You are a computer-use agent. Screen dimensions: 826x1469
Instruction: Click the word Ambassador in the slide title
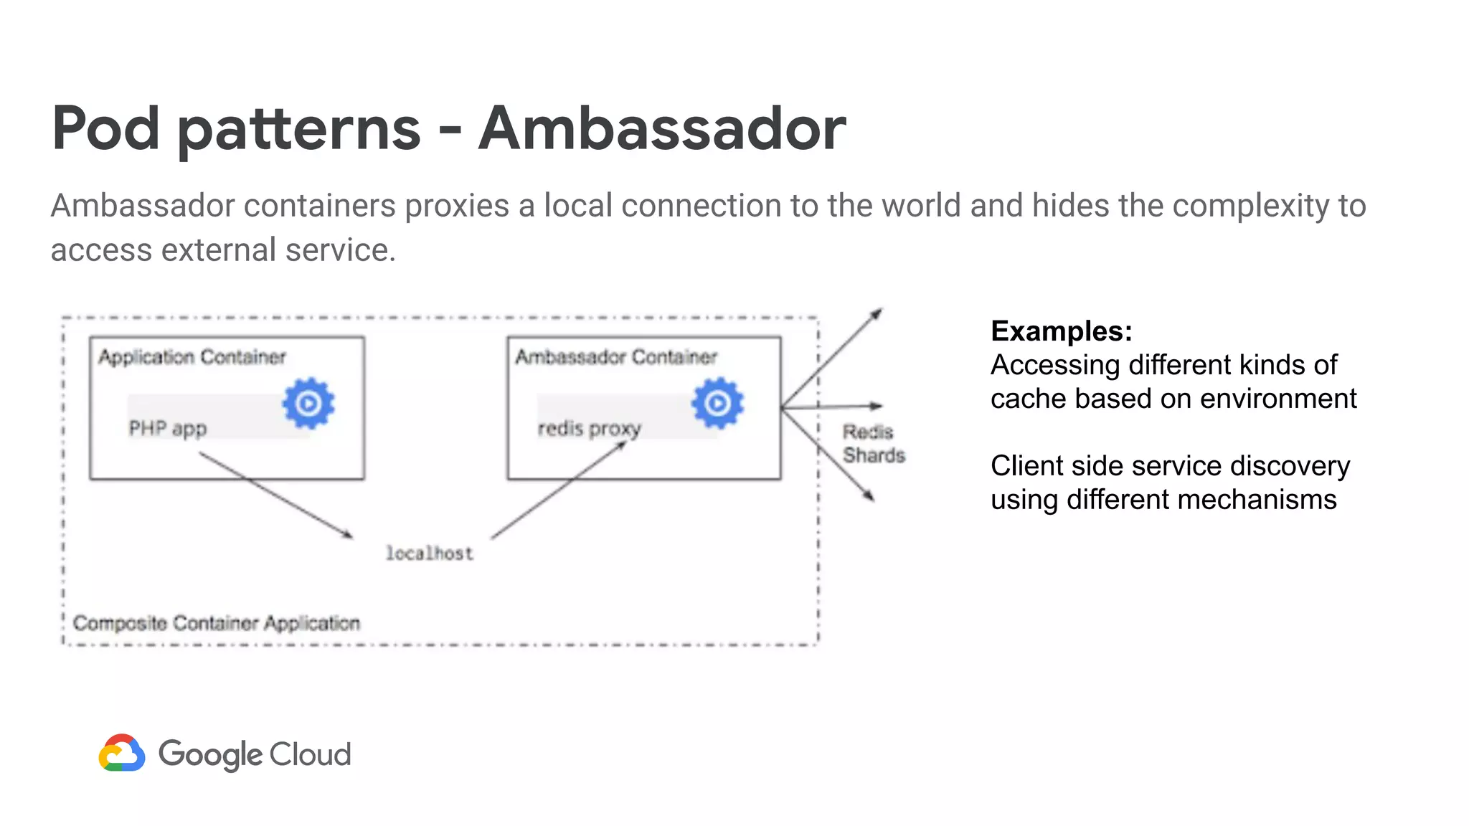tap(661, 129)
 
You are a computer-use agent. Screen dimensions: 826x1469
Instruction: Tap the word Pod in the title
tap(105, 129)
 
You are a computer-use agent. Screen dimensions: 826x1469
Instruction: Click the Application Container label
tap(192, 357)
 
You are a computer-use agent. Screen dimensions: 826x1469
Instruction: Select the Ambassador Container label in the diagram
tap(615, 357)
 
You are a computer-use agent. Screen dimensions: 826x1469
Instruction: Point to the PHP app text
tap(167, 429)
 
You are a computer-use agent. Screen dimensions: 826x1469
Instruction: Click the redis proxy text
tap(589, 429)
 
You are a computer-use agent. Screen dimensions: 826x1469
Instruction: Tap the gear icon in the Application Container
tap(308, 404)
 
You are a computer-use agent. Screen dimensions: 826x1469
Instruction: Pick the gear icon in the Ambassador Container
tap(717, 404)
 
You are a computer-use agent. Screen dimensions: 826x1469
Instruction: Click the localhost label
tap(429, 554)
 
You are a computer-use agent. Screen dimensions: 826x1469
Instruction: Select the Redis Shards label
tap(873, 444)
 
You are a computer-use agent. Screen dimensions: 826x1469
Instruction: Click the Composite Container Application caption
tap(216, 623)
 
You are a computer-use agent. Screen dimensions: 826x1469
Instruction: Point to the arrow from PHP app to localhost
tap(276, 495)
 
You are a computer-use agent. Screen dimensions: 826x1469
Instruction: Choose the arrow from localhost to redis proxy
tap(559, 490)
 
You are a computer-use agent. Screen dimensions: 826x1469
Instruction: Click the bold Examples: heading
tap(1061, 331)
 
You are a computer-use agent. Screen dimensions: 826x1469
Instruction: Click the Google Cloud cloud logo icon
tap(122, 753)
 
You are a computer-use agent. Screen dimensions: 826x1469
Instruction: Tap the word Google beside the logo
tap(210, 755)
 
